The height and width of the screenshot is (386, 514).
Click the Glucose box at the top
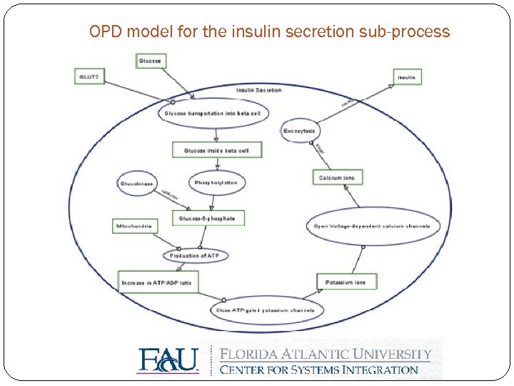[x=150, y=61]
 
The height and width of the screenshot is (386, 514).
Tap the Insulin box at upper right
[x=407, y=76]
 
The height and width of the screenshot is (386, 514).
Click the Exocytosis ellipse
[x=299, y=131]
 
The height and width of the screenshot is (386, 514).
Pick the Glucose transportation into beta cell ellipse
[x=213, y=113]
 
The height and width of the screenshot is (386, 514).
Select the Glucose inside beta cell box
[x=216, y=150]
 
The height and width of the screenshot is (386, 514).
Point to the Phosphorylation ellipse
[x=216, y=183]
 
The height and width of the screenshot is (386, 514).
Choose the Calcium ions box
[x=337, y=177]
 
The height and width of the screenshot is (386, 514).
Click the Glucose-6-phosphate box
[x=208, y=217]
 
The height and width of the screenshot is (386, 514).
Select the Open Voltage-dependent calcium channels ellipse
[x=373, y=226]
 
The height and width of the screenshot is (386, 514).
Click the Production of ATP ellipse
[x=194, y=255]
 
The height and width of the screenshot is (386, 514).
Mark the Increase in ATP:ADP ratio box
[x=158, y=282]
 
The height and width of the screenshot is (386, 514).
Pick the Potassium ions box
[x=346, y=282]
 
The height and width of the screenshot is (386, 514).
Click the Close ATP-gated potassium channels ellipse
[x=267, y=310]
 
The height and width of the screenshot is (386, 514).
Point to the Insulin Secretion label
[x=258, y=90]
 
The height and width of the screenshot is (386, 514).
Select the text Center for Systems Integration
[x=319, y=370]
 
